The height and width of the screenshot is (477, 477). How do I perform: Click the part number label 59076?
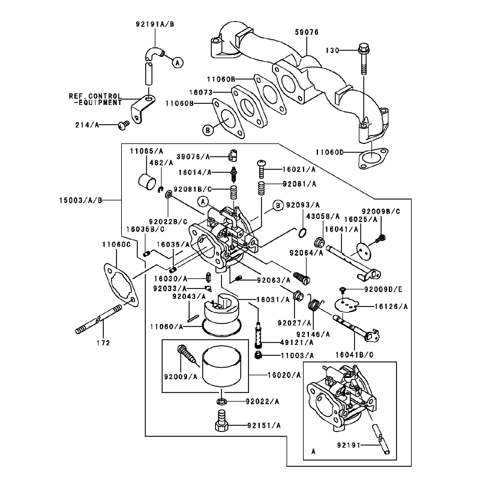point(307,32)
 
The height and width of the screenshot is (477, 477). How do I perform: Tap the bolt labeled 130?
point(364,59)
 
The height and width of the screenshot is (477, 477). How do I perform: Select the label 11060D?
point(330,152)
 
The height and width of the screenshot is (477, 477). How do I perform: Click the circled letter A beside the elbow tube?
point(178,62)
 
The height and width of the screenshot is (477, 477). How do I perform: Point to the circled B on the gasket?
point(208,131)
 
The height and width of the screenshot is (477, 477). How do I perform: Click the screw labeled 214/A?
point(124,125)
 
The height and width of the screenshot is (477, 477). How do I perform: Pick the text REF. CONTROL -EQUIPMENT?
point(95,100)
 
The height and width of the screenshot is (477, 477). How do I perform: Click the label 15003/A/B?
point(80,200)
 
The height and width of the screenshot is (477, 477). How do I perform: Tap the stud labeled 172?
point(98,320)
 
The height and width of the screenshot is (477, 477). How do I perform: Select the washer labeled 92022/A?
point(222,401)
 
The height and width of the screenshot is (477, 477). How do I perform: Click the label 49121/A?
point(297,343)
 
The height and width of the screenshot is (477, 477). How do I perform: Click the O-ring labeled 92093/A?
point(302,233)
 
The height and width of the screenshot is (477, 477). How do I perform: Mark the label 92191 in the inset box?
point(349,445)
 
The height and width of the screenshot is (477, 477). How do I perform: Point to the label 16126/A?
point(391,307)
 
